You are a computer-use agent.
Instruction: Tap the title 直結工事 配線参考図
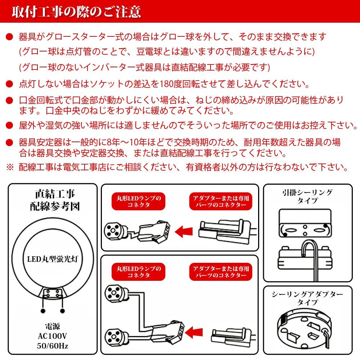pos(54,201)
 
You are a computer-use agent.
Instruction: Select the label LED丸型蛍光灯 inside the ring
pos(53,258)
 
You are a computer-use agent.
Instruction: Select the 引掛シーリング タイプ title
pos(307,196)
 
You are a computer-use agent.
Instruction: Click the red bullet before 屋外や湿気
pos(9,126)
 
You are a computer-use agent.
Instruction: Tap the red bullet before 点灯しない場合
pos(9,84)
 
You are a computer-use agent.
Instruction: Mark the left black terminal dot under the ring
pos(43,310)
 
